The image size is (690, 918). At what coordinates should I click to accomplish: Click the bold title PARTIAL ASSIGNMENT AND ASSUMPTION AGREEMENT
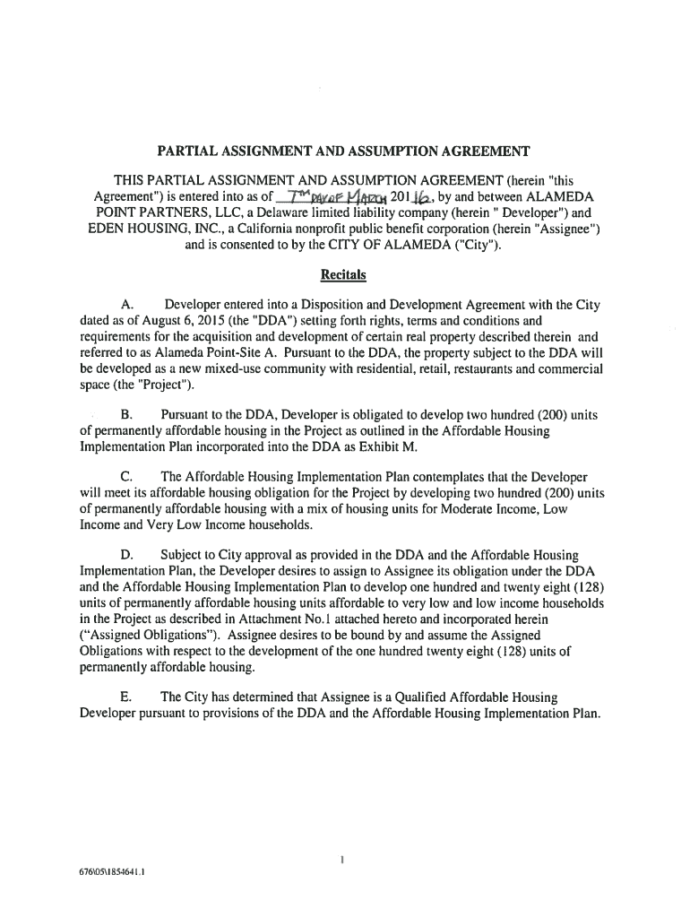pyautogui.click(x=344, y=151)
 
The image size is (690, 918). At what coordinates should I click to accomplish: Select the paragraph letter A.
pyautogui.click(x=125, y=305)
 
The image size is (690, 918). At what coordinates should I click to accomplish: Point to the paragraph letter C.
pyautogui.click(x=125, y=475)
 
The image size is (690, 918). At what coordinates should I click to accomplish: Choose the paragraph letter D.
pyautogui.click(x=125, y=556)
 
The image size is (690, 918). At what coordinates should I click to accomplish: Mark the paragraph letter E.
pyautogui.click(x=125, y=697)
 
